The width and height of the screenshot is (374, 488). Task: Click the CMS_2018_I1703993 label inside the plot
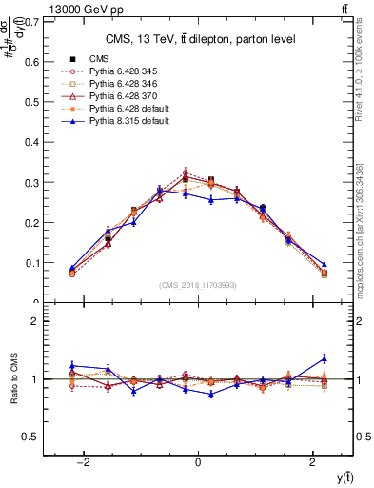198,285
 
